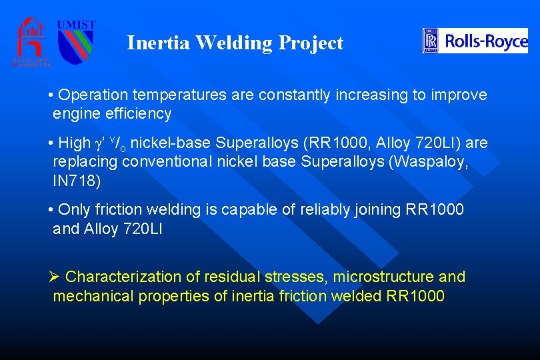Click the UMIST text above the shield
tap(76, 25)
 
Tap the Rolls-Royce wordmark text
tap(486, 41)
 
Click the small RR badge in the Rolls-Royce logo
tap(431, 41)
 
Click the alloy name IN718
tap(77, 181)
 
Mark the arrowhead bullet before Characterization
tap(55, 277)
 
